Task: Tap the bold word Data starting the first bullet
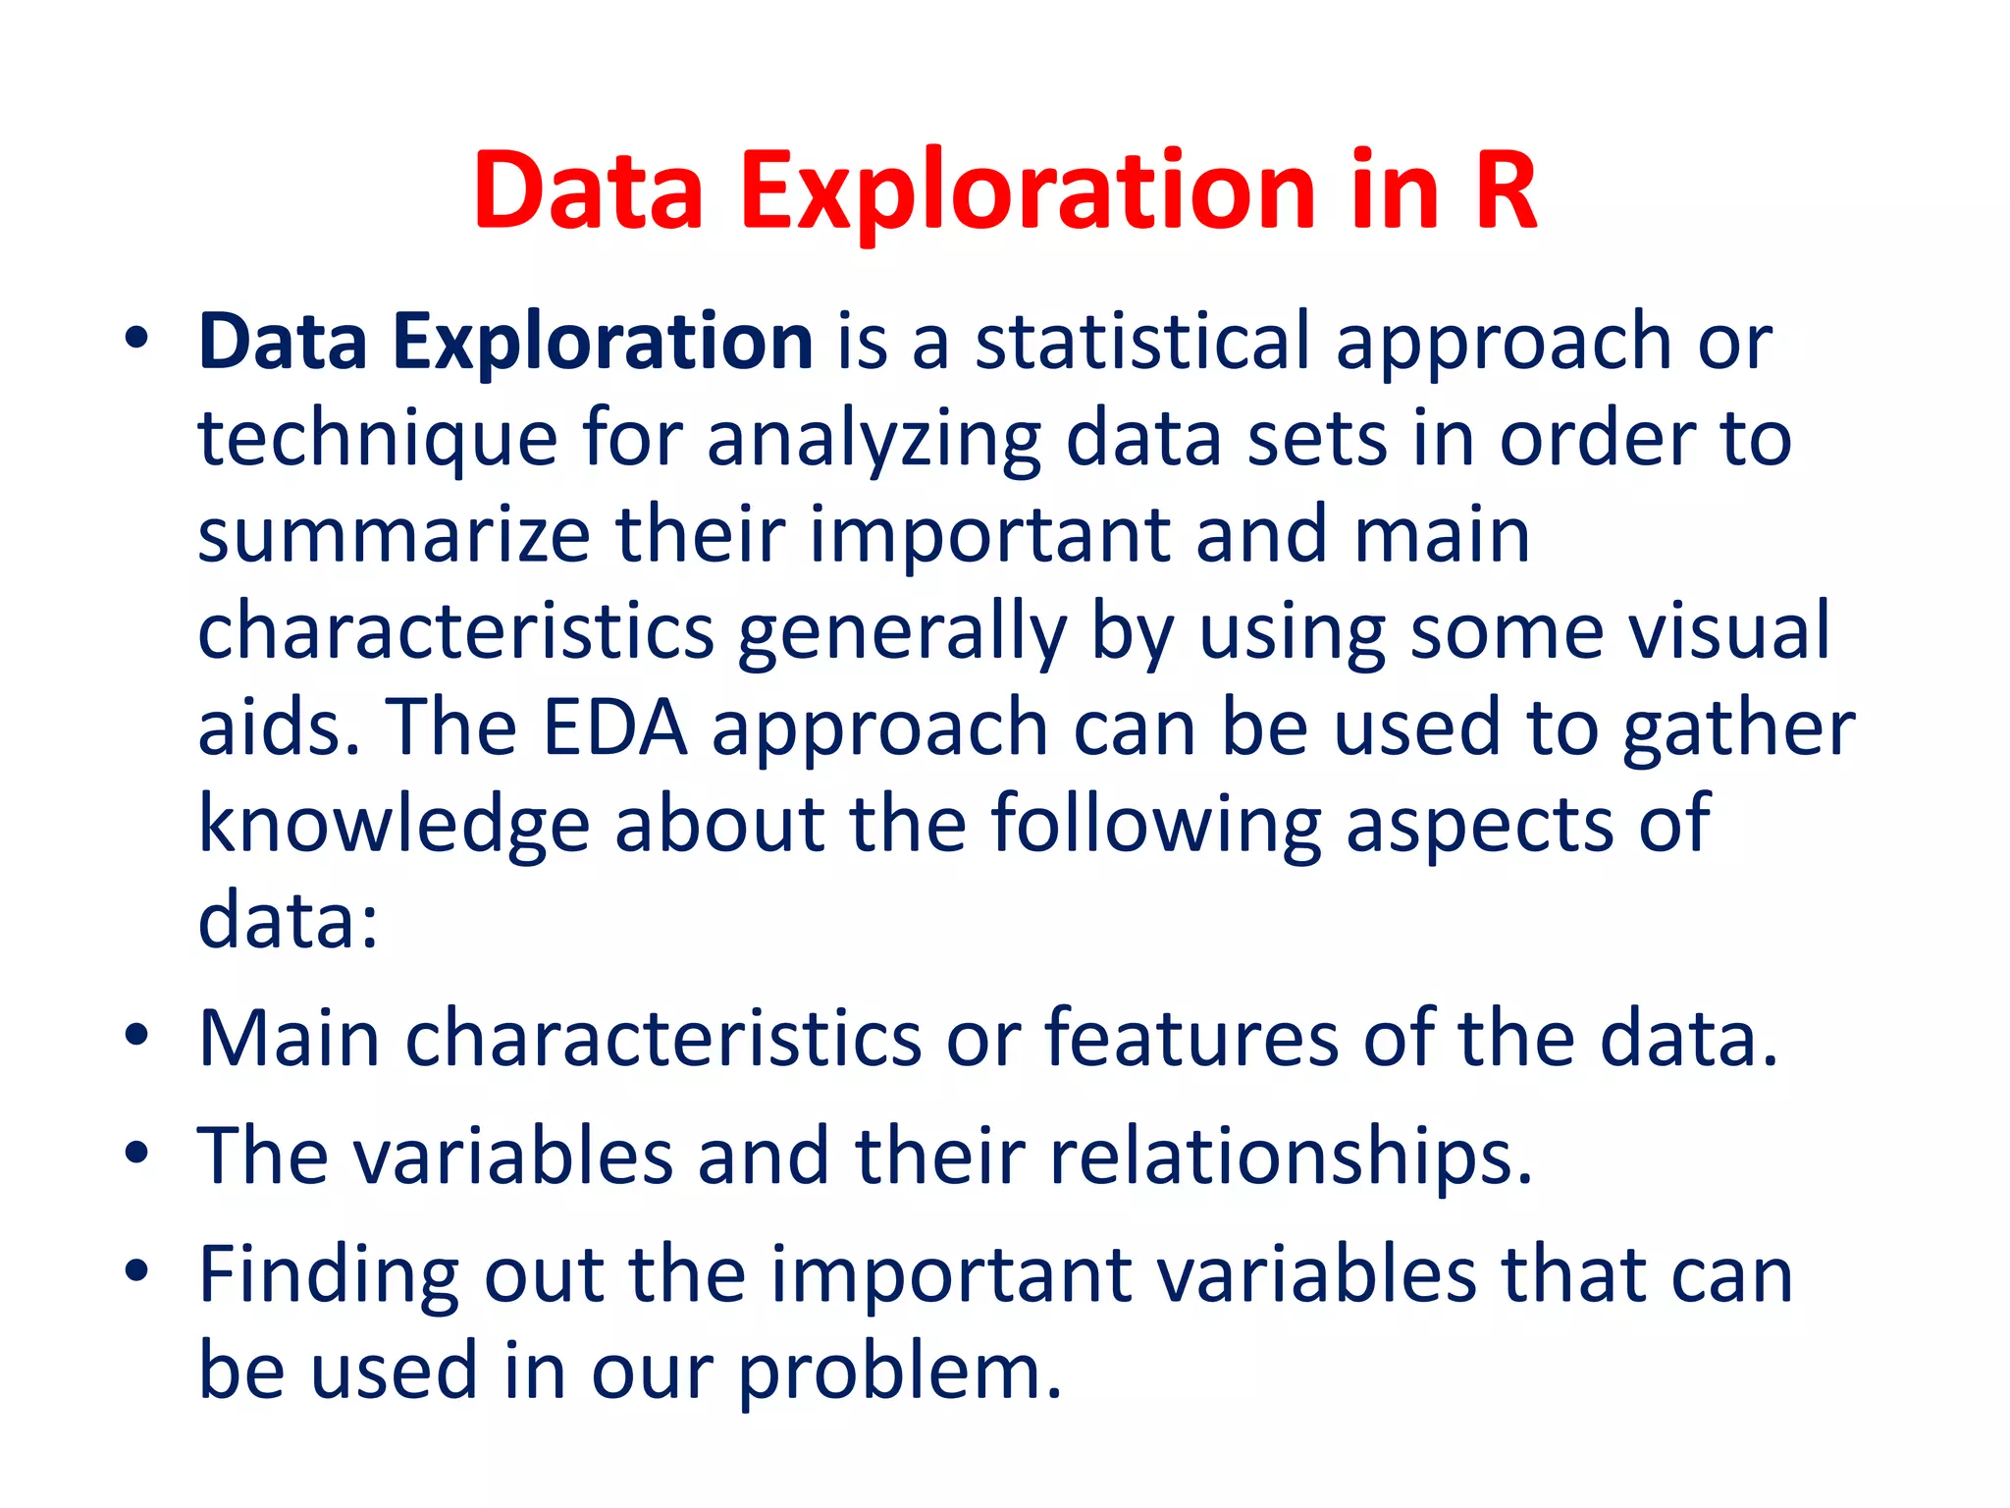283,342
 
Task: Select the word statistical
1142,342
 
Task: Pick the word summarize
394,535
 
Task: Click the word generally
901,633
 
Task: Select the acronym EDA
614,727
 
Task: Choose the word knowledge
394,824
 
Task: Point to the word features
1190,1039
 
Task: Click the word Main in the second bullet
289,1038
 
